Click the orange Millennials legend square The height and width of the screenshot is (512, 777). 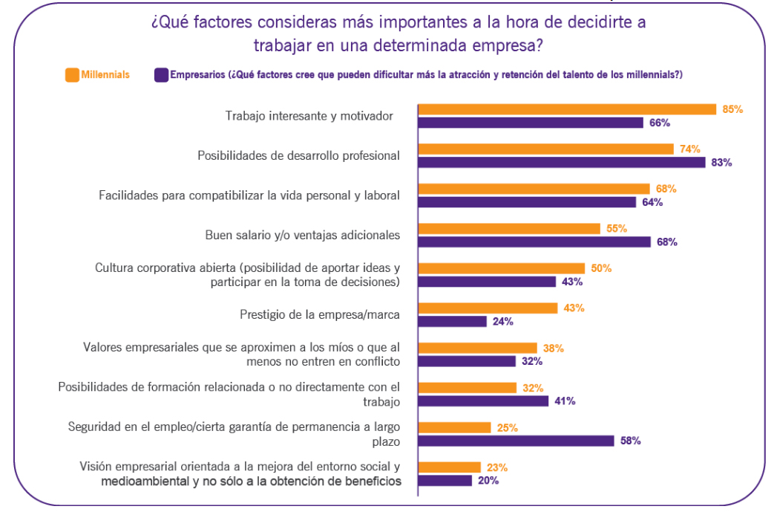[72, 74]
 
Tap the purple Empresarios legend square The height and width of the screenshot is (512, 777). [160, 74]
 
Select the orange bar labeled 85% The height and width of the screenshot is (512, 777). [567, 109]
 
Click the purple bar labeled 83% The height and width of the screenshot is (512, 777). [562, 162]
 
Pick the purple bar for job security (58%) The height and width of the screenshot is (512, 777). [517, 441]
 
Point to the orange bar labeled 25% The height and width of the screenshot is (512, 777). [455, 427]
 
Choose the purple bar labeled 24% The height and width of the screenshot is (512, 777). [453, 322]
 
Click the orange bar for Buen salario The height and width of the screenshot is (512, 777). [509, 229]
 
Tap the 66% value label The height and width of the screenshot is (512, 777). [660, 123]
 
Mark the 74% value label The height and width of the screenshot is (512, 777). [689, 149]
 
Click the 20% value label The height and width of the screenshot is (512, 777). [488, 481]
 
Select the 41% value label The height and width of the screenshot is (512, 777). [565, 401]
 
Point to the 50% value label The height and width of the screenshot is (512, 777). [601, 268]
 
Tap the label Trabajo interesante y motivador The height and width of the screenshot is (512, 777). [309, 116]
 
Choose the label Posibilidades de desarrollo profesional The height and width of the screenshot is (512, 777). [298, 155]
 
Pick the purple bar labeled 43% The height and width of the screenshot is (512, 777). [487, 282]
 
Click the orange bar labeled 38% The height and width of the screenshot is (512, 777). [477, 348]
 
